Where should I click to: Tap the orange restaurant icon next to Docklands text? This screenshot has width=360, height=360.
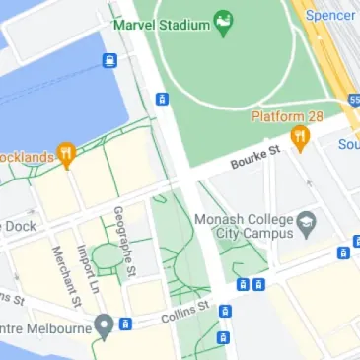[66, 153]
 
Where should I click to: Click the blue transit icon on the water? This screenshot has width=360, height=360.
[109, 61]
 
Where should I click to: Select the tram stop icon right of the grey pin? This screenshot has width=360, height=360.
[125, 324]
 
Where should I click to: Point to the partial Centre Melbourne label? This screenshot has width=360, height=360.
[44, 326]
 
